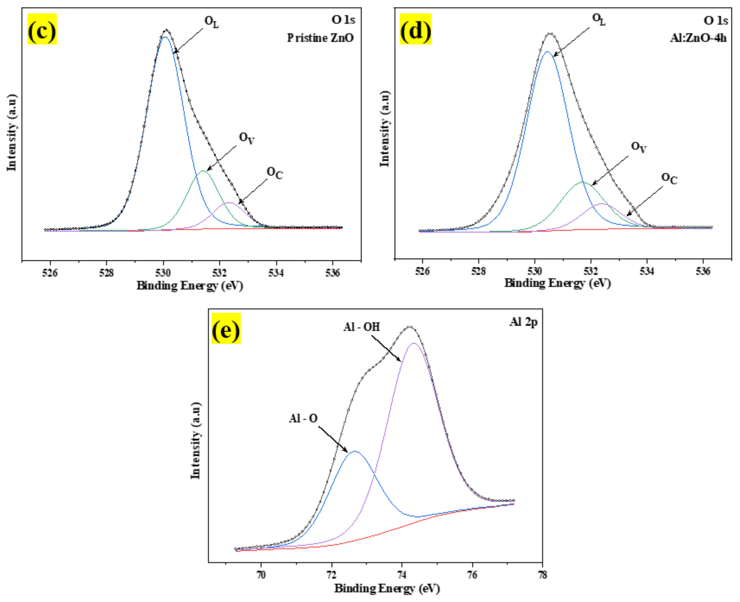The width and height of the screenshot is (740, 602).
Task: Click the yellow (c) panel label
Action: (x=42, y=29)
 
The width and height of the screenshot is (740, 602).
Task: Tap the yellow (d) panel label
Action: (x=415, y=29)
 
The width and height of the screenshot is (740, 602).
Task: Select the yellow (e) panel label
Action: (x=226, y=329)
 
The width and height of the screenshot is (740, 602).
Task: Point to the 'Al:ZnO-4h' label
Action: (x=698, y=37)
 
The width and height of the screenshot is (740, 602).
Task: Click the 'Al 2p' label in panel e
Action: (x=523, y=322)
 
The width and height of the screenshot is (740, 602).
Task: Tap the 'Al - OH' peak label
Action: (x=362, y=327)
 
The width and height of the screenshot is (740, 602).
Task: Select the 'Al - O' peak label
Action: (x=303, y=419)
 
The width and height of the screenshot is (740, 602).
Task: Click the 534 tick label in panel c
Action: (x=276, y=273)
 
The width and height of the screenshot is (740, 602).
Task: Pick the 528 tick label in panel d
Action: (x=478, y=271)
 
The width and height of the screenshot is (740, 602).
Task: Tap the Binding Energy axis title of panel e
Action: (x=387, y=589)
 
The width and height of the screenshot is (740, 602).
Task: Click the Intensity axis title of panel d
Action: (x=385, y=129)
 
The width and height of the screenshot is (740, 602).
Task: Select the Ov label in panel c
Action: (x=247, y=138)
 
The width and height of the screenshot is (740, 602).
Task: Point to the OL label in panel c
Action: (x=212, y=22)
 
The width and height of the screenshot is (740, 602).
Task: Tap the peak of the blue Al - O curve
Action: (x=355, y=452)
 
